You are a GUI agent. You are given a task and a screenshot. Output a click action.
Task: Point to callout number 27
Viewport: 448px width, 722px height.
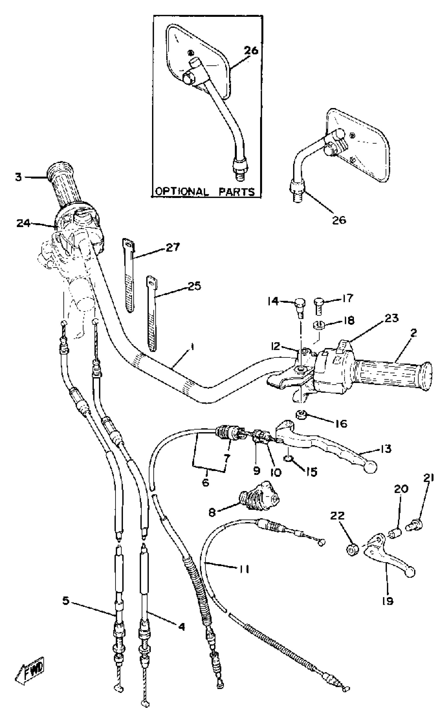coord(173,247)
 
